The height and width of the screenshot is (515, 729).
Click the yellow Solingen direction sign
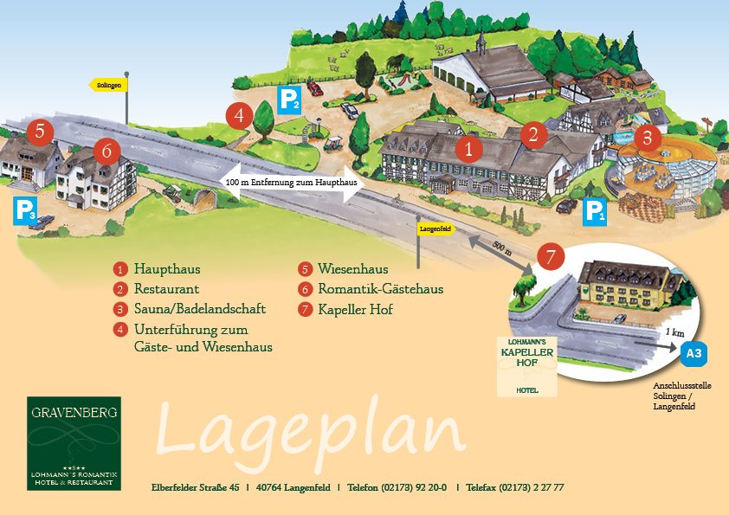pos(110,85)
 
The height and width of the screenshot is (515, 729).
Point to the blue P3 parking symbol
pos(25,210)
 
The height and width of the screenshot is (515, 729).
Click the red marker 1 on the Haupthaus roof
pos(468,149)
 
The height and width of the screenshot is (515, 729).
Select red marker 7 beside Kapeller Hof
pos(551,256)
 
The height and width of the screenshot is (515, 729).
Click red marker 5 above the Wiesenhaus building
pos(40,132)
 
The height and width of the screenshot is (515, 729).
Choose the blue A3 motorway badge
pos(694,353)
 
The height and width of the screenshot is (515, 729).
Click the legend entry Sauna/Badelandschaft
pos(199,309)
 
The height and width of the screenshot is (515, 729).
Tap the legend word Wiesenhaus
pos(352,268)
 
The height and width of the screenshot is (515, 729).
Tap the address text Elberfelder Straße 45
pos(195,487)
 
